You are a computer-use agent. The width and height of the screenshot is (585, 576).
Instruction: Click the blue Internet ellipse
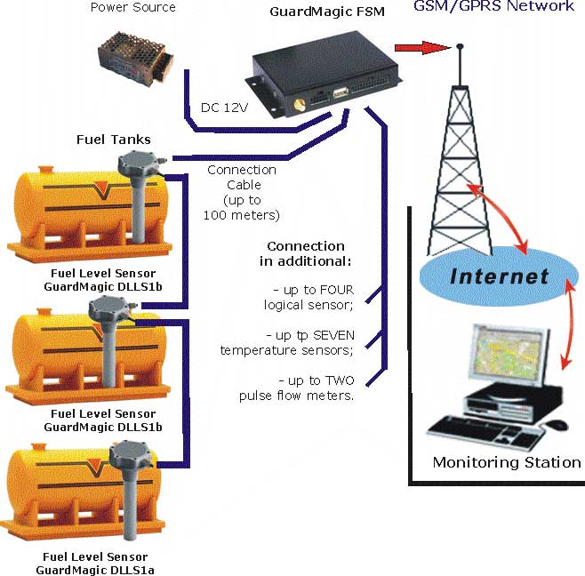pos(499,275)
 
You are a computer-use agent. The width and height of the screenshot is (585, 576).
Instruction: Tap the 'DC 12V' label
pos(222,108)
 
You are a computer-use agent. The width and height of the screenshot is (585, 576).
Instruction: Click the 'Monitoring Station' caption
pos(506,462)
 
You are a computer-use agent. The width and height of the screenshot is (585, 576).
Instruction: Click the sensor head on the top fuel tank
pos(137,161)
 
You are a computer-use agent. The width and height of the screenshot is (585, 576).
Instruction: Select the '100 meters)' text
pos(242,215)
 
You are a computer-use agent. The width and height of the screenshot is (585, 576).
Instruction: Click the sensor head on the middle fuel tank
pos(110,309)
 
